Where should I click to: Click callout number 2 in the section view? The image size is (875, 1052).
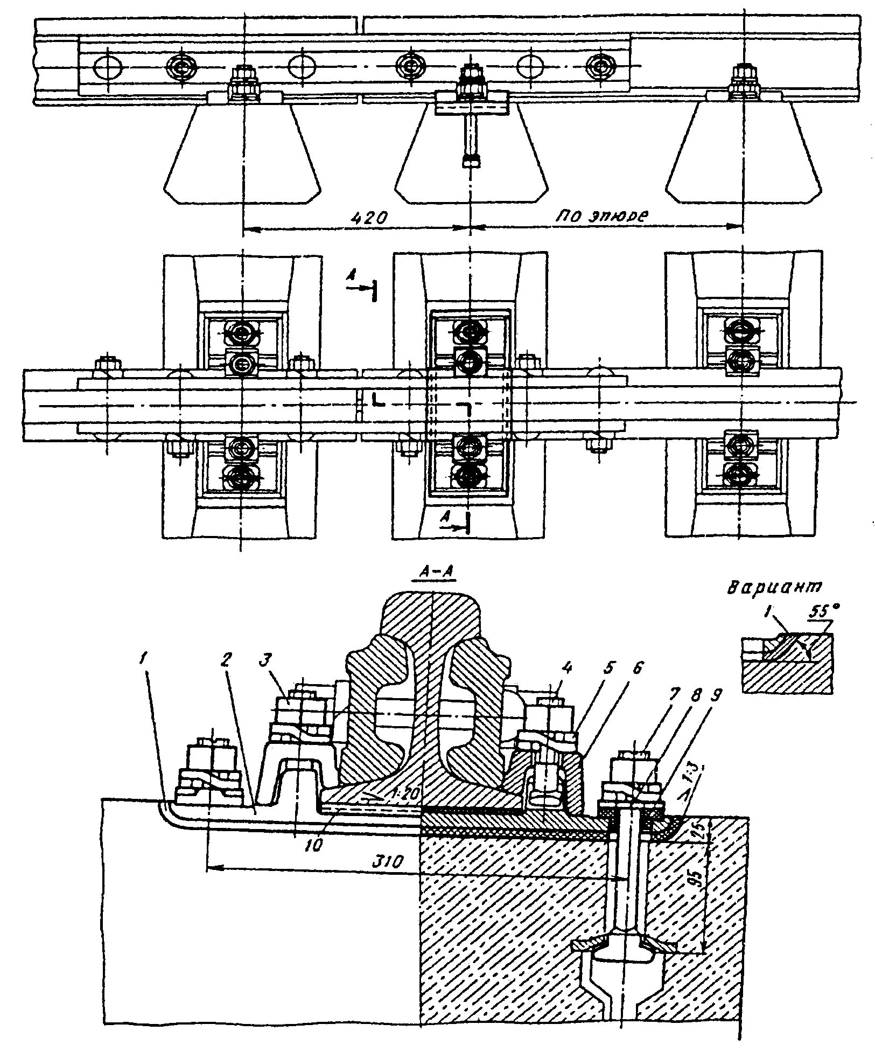tap(227, 662)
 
